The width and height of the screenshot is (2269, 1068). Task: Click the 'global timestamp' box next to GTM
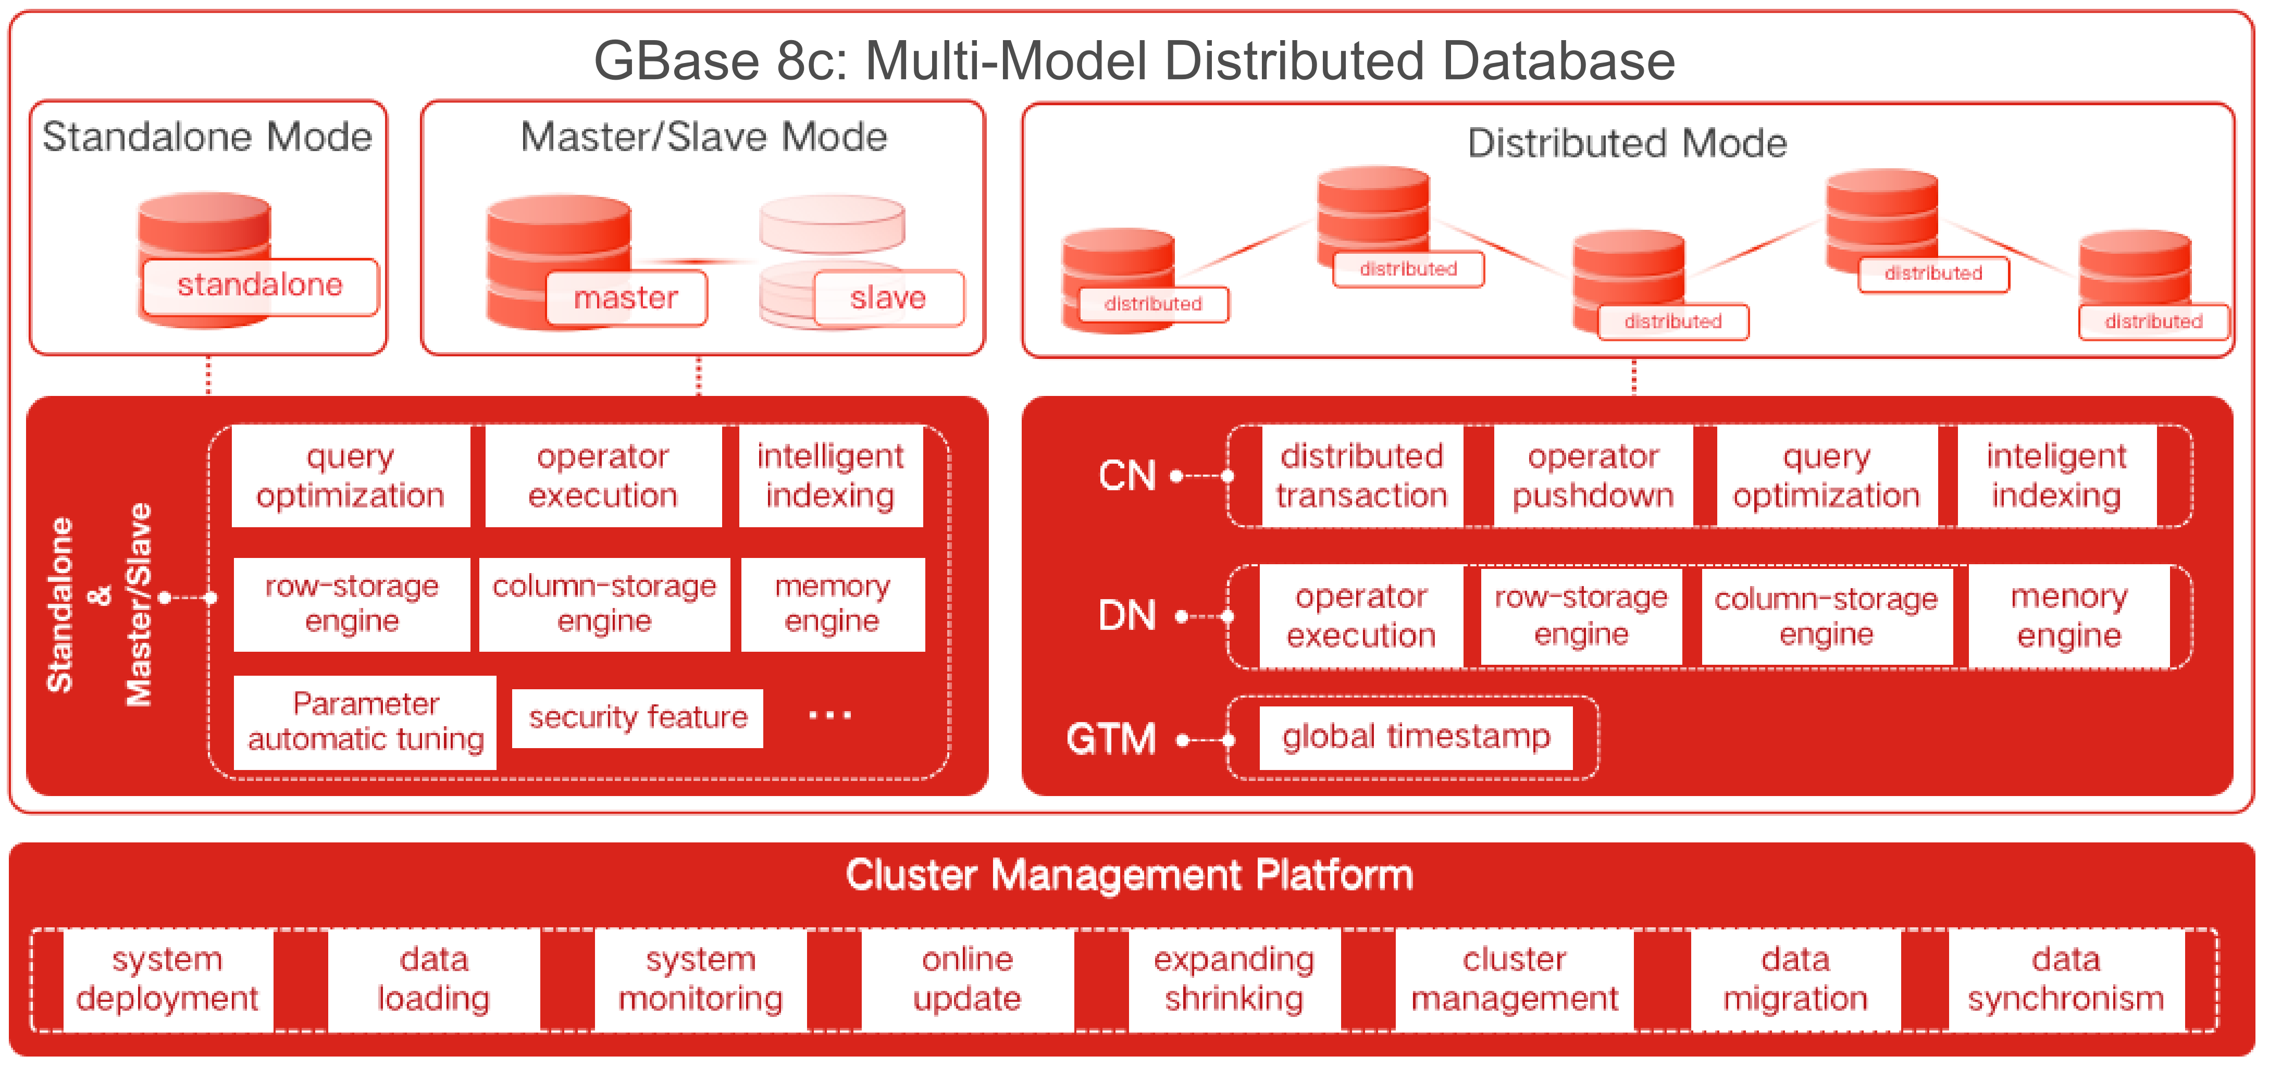[x=1416, y=737]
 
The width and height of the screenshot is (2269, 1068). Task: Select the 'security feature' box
[x=637, y=717]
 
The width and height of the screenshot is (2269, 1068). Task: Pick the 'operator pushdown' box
[x=1593, y=476]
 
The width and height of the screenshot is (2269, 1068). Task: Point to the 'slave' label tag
[x=888, y=299]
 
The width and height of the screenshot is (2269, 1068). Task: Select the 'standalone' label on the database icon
[x=260, y=285]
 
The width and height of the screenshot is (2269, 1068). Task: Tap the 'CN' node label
[x=1126, y=476]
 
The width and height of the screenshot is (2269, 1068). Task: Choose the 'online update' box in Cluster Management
[x=967, y=979]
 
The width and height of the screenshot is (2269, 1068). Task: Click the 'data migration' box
[x=1795, y=979]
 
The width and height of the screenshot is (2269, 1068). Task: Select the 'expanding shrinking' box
[x=1234, y=979]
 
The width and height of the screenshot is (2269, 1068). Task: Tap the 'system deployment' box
[x=167, y=979]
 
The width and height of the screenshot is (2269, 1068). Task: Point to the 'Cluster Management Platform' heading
[x=1129, y=875]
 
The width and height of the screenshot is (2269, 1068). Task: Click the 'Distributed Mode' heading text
[x=1627, y=143]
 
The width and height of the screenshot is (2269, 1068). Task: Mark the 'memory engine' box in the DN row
[x=2068, y=616]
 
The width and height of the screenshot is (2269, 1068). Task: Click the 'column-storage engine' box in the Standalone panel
[x=604, y=604]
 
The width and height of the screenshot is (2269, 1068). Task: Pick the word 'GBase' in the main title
[x=676, y=61]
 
